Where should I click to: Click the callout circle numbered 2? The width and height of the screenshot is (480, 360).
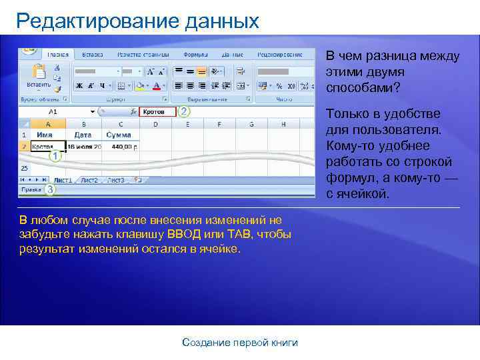pos(184,112)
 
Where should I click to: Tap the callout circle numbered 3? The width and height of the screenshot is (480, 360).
pos(50,189)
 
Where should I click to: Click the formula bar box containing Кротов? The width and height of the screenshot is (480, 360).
pos(157,112)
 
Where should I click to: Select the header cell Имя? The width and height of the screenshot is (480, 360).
pos(45,135)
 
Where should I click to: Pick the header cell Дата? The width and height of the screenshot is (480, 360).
pos(83,135)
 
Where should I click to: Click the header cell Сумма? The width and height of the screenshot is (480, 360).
pos(119,135)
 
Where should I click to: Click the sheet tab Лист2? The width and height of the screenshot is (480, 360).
pos(89,180)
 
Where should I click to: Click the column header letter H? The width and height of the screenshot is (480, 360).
pos(283,124)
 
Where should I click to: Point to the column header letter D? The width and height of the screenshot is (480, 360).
pos(155,124)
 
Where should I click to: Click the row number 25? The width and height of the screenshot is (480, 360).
pos(24,168)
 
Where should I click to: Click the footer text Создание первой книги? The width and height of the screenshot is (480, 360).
pos(240,343)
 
